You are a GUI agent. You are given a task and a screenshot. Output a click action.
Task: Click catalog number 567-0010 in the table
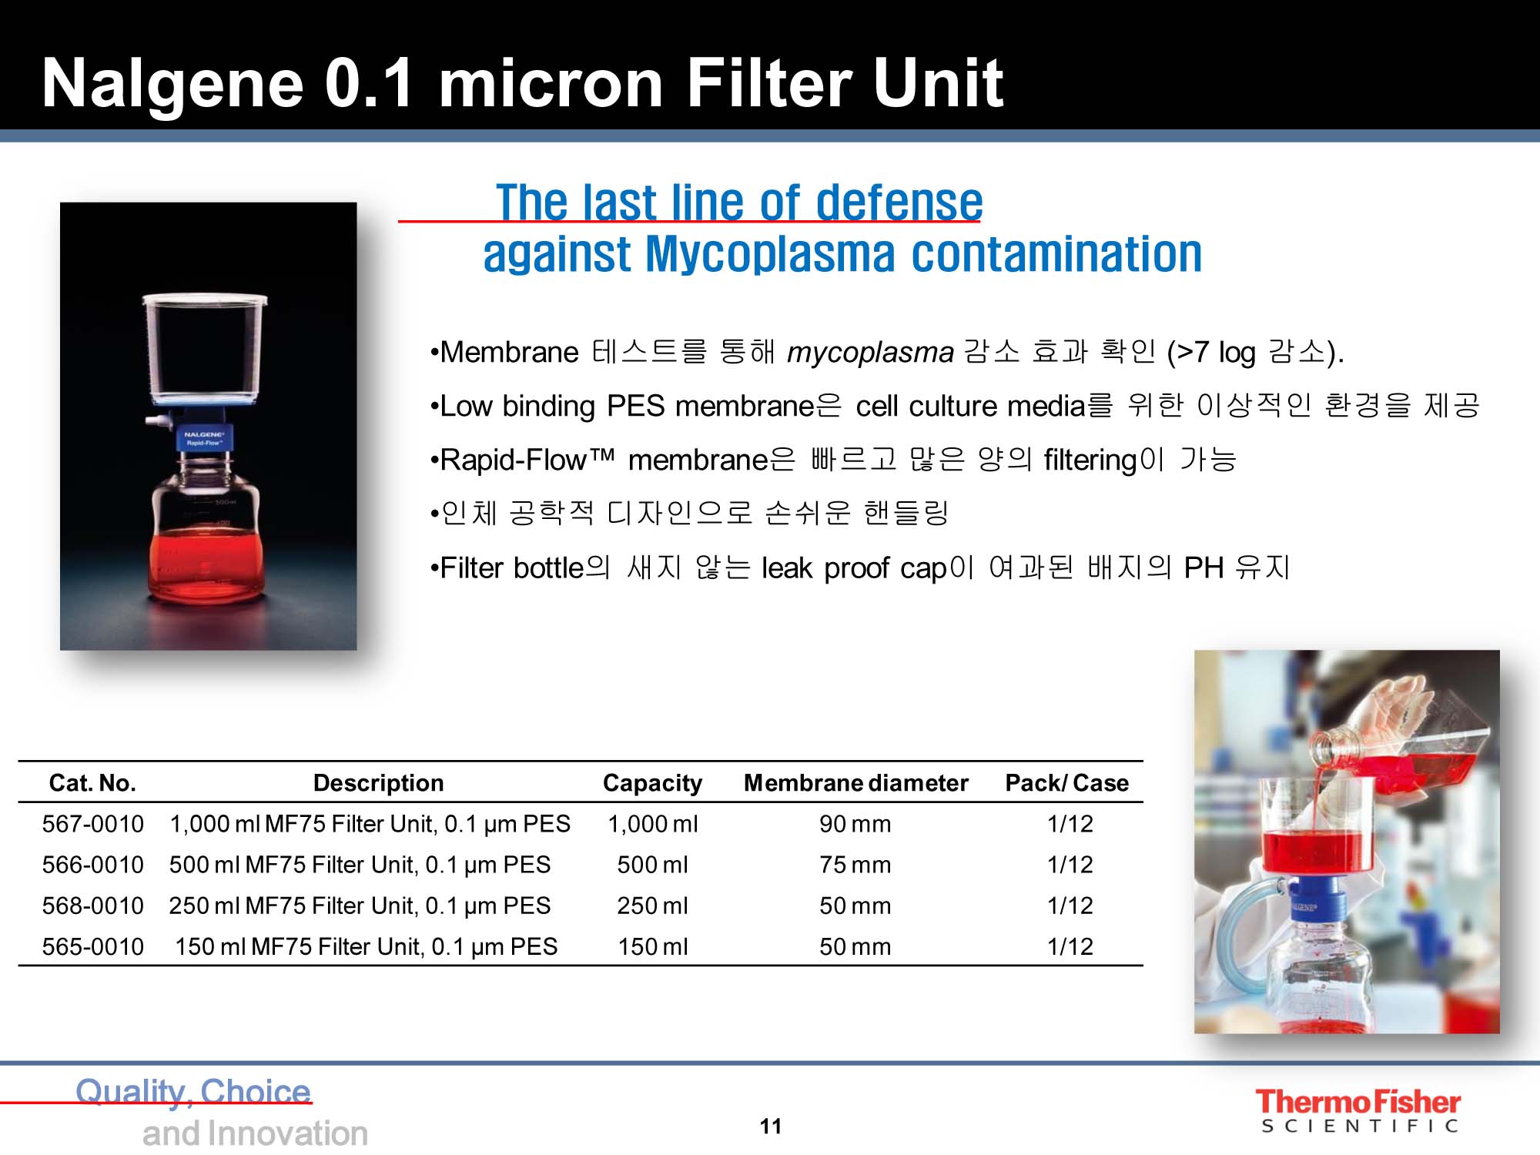pyautogui.click(x=92, y=824)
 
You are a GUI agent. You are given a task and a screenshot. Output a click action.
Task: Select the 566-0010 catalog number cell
pyautogui.click(x=92, y=865)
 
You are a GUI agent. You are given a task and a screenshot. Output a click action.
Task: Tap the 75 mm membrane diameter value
pyautogui.click(x=855, y=865)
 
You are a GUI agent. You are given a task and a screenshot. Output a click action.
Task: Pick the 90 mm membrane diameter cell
pyautogui.click(x=855, y=824)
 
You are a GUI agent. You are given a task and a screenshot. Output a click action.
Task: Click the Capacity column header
pyautogui.click(x=652, y=783)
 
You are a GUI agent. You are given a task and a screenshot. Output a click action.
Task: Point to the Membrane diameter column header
pyautogui.click(x=855, y=783)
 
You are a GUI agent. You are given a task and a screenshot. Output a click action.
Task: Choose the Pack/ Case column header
pyautogui.click(x=1066, y=783)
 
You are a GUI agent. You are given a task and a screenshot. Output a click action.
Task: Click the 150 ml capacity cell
pyautogui.click(x=653, y=946)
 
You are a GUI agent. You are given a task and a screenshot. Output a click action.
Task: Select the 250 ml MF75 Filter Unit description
pyautogui.click(x=360, y=906)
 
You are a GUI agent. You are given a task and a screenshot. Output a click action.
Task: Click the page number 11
pyautogui.click(x=771, y=1127)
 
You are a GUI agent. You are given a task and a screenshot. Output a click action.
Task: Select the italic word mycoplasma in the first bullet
pyautogui.click(x=870, y=353)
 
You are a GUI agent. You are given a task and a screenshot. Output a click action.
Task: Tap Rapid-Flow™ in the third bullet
pyautogui.click(x=527, y=460)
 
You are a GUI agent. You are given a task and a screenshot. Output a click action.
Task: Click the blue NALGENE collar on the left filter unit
pyautogui.click(x=204, y=438)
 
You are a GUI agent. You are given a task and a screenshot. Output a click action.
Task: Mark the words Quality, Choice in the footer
pyautogui.click(x=193, y=1092)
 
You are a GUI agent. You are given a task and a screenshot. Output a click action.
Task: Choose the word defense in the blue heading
pyautogui.click(x=899, y=203)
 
